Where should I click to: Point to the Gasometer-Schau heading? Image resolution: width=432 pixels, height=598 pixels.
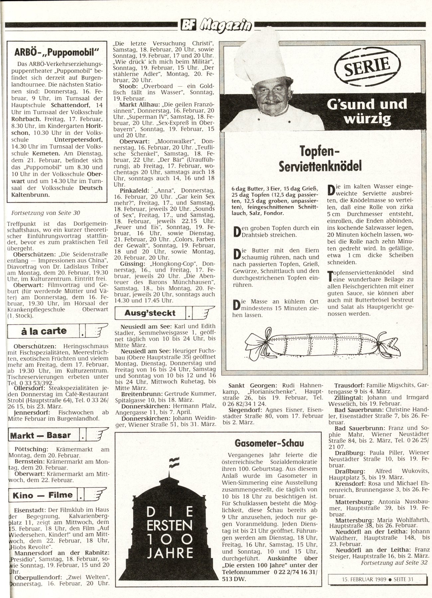pyautogui.click(x=269, y=443)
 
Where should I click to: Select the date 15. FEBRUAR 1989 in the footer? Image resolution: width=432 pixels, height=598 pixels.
pyautogui.click(x=364, y=579)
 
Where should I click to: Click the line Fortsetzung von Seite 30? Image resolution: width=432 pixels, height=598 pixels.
pyautogui.click(x=46, y=213)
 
